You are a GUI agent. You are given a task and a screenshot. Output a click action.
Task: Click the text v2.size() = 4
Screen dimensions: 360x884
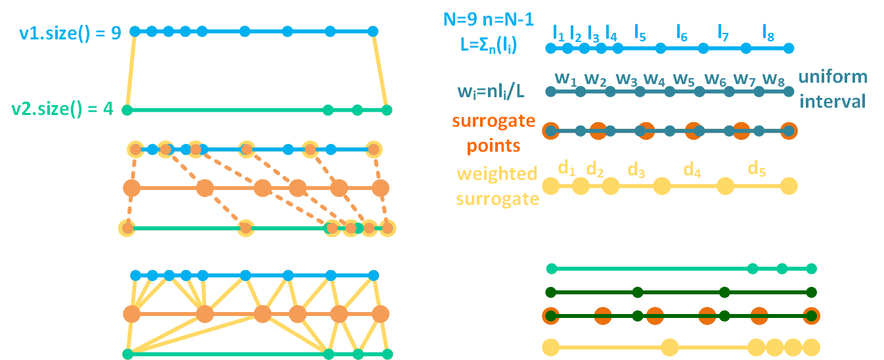pos(63,109)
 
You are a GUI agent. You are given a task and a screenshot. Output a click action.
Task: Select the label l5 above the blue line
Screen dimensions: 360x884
pos(640,30)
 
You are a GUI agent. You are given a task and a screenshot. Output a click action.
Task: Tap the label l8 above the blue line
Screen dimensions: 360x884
pos(768,30)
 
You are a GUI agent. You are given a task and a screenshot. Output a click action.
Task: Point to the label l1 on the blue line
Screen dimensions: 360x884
pos(558,31)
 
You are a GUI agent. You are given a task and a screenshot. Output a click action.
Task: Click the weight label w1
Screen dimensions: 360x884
pos(565,78)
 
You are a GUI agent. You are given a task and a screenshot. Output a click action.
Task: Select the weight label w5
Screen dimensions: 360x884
pos(684,78)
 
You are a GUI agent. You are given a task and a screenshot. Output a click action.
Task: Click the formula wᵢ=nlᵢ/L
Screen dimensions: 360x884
pos(492,90)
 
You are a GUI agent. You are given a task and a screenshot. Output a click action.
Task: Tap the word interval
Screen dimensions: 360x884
pos(835,101)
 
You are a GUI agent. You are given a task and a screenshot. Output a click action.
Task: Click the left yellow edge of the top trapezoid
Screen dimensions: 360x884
pos(131,70)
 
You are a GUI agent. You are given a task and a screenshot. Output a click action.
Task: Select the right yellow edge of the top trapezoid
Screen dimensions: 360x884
pos(380,70)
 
